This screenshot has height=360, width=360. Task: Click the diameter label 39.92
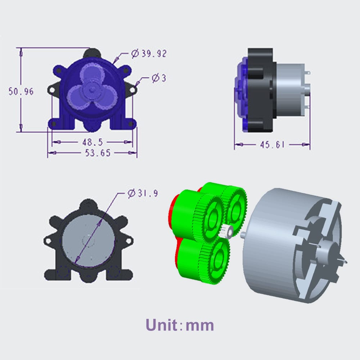(x=149, y=54)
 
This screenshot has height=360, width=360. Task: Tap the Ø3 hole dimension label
(x=158, y=78)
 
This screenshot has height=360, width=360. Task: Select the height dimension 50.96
(x=21, y=91)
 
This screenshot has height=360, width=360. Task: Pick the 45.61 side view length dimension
(x=272, y=145)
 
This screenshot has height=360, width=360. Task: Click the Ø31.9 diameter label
(x=143, y=193)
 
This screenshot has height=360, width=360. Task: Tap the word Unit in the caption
(x=162, y=325)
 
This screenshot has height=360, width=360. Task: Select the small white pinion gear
(x=227, y=231)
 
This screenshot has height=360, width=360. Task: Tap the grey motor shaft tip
(x=244, y=234)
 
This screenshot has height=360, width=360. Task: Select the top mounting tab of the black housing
(x=88, y=205)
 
